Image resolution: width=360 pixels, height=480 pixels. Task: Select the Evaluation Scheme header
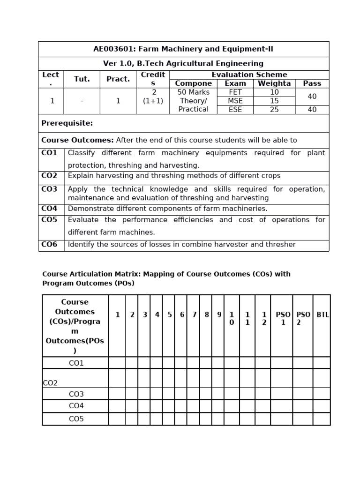[249, 75]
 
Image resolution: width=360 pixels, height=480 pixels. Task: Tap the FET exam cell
[235, 92]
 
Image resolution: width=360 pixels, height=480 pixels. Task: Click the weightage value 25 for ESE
[274, 110]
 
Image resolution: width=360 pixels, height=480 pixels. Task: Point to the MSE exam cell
[235, 101]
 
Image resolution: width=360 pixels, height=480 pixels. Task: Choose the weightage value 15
[274, 101]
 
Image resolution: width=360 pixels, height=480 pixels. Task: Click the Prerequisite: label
[67, 123]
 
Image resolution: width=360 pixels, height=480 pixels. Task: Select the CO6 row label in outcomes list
[49, 244]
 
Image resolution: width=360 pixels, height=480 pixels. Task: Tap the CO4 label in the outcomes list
[49, 209]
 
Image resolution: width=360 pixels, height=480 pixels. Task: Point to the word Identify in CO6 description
[82, 244]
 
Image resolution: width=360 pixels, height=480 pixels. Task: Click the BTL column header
[322, 315]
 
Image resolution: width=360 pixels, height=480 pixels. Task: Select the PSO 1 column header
[283, 319]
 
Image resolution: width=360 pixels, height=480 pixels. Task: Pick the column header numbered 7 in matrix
[194, 315]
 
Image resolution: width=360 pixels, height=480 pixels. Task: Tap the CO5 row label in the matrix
[76, 419]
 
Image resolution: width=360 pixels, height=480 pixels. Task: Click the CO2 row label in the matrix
[50, 383]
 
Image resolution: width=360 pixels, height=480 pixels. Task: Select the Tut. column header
[82, 79]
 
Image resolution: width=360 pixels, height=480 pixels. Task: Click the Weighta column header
[274, 83]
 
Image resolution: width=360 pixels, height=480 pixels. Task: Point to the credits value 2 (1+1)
[153, 97]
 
